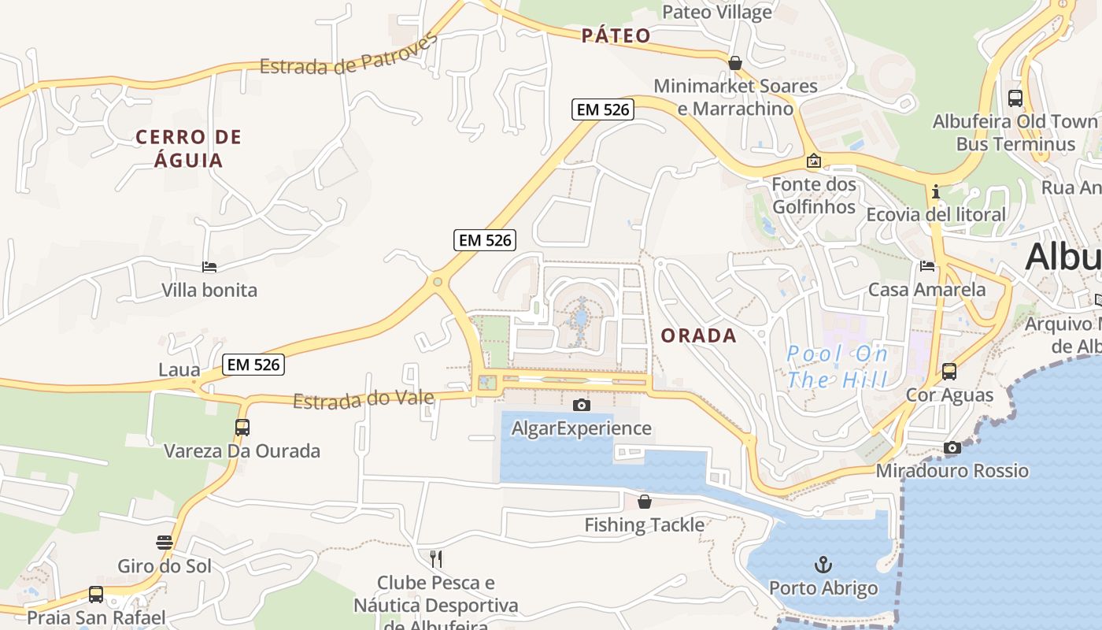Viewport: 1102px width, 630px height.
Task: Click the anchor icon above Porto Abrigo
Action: point(823,565)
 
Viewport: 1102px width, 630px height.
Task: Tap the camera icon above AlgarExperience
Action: point(581,405)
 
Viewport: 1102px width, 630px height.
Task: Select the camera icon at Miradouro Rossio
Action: point(952,448)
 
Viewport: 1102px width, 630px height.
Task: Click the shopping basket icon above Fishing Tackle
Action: point(645,502)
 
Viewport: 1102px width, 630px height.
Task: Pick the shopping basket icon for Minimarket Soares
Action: point(735,63)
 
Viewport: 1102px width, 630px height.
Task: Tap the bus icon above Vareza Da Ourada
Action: point(242,428)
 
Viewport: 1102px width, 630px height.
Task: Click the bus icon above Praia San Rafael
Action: point(96,595)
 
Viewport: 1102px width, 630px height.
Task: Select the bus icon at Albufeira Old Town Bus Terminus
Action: point(1015,98)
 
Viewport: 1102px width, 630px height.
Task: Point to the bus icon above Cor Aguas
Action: point(949,372)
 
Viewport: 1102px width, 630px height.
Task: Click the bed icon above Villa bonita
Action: point(209,267)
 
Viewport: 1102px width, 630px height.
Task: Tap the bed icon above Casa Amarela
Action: point(927,266)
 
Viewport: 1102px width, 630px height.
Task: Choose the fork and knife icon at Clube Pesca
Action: point(436,559)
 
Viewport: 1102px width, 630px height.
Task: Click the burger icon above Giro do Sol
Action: point(165,543)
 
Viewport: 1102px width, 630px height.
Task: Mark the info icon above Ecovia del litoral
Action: point(935,191)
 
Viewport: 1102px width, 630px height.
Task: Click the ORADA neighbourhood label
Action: point(698,335)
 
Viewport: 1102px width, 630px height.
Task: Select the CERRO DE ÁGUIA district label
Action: point(189,149)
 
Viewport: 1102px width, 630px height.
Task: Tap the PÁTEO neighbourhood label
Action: point(616,35)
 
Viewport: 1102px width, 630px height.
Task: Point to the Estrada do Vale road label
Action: point(364,399)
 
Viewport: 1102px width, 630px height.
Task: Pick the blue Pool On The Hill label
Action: point(838,367)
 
